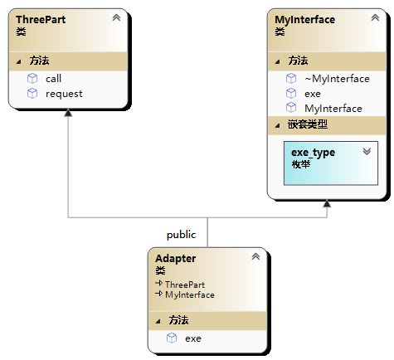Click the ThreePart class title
tap(41, 20)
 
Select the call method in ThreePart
tap(53, 79)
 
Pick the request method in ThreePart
tap(64, 94)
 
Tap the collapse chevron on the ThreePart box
tap(116, 17)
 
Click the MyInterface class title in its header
tap(304, 20)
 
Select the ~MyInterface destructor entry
tap(337, 79)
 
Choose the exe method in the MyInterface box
tap(313, 94)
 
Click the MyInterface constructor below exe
tap(333, 109)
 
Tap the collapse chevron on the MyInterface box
tap(375, 17)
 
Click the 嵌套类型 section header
tap(308, 124)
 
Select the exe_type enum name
tap(313, 153)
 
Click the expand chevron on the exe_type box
tap(367, 151)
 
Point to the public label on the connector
tap(181, 235)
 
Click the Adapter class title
tap(176, 259)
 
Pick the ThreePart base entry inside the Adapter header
tap(185, 285)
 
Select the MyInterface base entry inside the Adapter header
tap(190, 294)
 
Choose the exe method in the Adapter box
tap(193, 338)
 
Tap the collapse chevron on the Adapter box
tap(255, 256)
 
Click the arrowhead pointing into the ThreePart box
tap(68, 113)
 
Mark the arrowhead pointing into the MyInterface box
tap(327, 203)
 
